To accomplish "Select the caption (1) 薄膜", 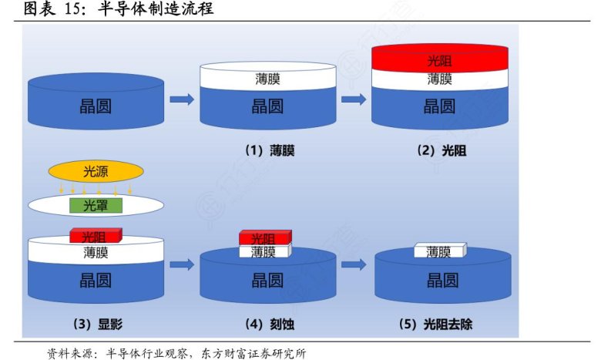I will [269, 151].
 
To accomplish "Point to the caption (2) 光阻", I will [442, 151].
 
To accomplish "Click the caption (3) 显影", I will [96, 324].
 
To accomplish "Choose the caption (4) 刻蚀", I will [269, 324].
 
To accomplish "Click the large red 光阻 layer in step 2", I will [440, 59].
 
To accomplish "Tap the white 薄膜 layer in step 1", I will [268, 79].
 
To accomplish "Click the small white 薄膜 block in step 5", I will [439, 251].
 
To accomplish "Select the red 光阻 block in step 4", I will [264, 237].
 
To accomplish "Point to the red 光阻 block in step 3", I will [95, 235].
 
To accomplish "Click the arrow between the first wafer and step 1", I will [181, 99].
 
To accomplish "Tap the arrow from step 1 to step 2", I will [353, 99].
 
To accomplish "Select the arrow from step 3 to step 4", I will [181, 265].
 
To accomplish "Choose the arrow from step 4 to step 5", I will [353, 265].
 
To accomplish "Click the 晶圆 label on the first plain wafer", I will [96, 106].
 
